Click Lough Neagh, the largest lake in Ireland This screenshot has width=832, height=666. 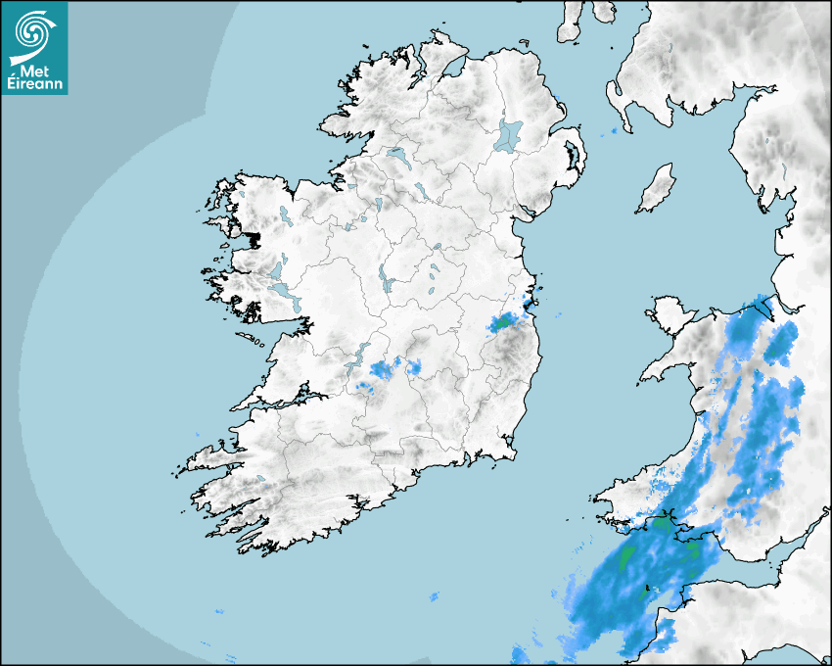pyautogui.click(x=509, y=134)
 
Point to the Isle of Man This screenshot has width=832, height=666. pyautogui.click(x=657, y=189)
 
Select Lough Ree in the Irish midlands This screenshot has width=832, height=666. pyautogui.click(x=388, y=282)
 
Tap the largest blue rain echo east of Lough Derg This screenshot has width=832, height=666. pyautogui.click(x=383, y=369)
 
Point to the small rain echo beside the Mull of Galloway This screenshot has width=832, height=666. pyautogui.click(x=615, y=130)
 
